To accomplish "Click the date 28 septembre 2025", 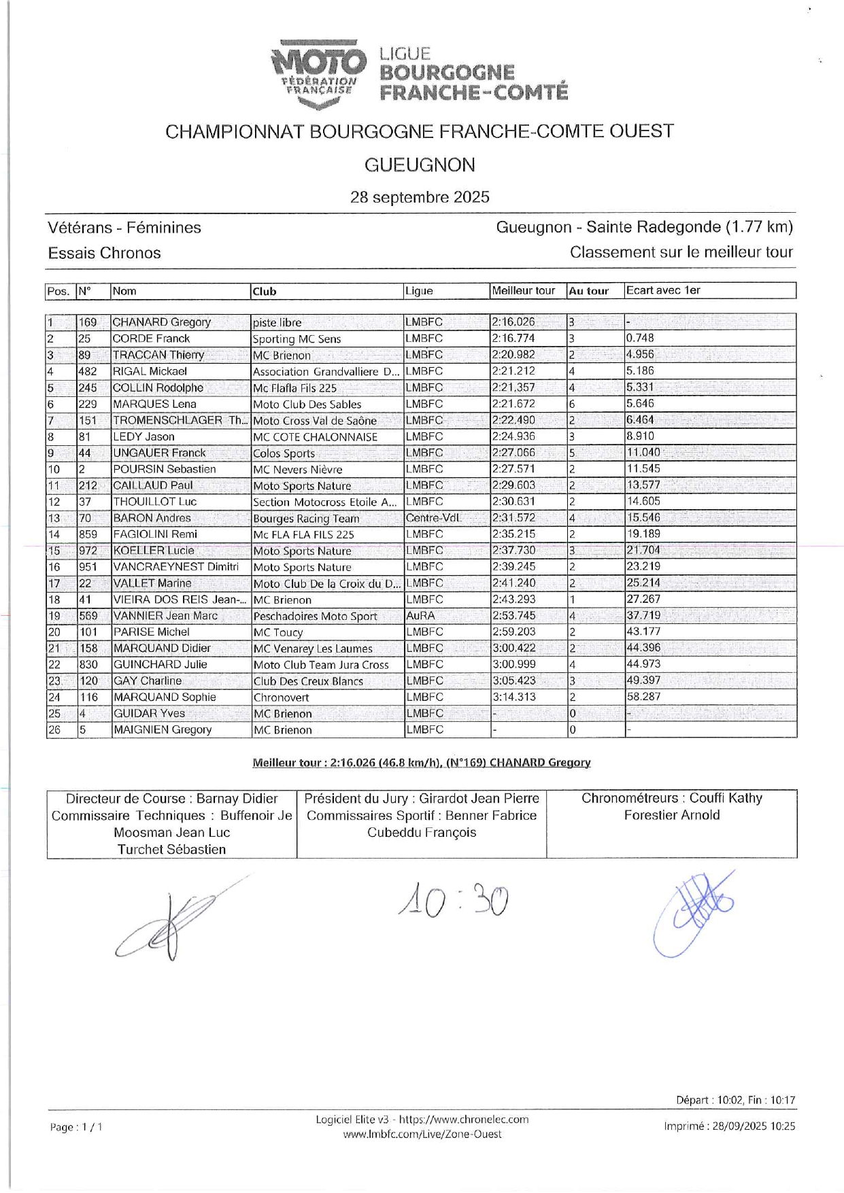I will [x=420, y=197].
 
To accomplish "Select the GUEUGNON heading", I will [x=420, y=165].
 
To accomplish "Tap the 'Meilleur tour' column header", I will [x=524, y=291].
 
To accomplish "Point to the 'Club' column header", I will [x=265, y=292].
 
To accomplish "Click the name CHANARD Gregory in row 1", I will [x=162, y=322].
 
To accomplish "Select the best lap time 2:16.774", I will [x=513, y=339].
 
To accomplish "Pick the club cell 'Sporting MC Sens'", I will [x=297, y=339].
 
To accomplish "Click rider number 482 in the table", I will [x=88, y=371].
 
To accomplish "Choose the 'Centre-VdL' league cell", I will [x=433, y=518].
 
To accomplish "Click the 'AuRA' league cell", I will [x=420, y=616].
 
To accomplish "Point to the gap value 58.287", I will [x=643, y=697].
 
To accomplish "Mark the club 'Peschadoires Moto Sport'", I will [x=315, y=617].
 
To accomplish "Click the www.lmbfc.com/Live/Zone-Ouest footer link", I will [x=422, y=1134].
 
